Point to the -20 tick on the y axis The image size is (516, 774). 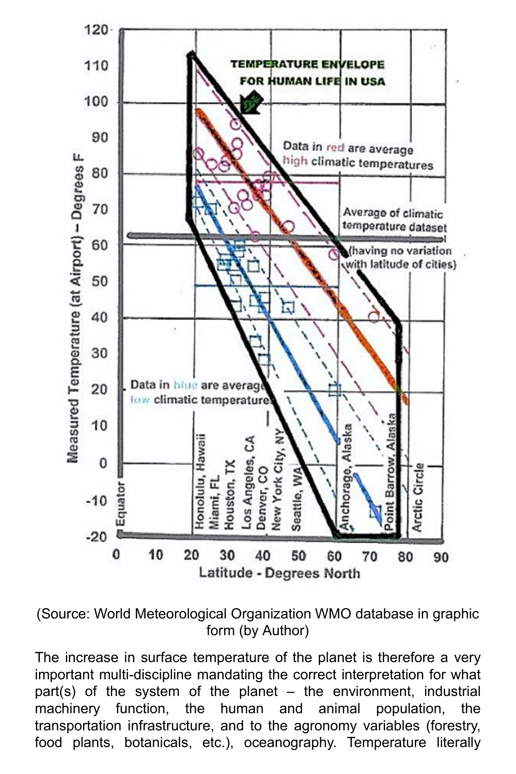96,537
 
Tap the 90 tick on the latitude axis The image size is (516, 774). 441,556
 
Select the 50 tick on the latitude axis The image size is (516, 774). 298,556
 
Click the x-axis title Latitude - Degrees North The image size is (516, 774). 279,573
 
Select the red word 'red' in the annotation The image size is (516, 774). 335,148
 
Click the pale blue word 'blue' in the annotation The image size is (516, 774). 185,385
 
